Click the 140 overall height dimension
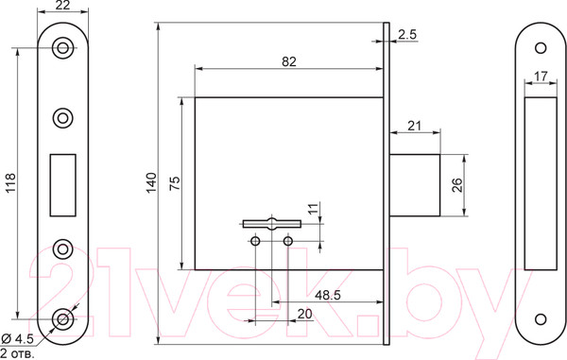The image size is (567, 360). (152, 183)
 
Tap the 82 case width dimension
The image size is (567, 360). (289, 61)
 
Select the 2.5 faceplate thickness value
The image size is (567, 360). (407, 35)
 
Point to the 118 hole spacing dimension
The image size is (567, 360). (9, 183)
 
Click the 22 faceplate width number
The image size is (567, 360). (63, 6)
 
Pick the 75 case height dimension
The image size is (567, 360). (174, 183)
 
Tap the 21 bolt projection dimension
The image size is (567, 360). (415, 126)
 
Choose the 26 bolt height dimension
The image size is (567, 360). (457, 185)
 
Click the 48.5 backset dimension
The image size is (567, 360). (328, 295)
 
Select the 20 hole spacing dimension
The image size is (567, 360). (304, 314)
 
